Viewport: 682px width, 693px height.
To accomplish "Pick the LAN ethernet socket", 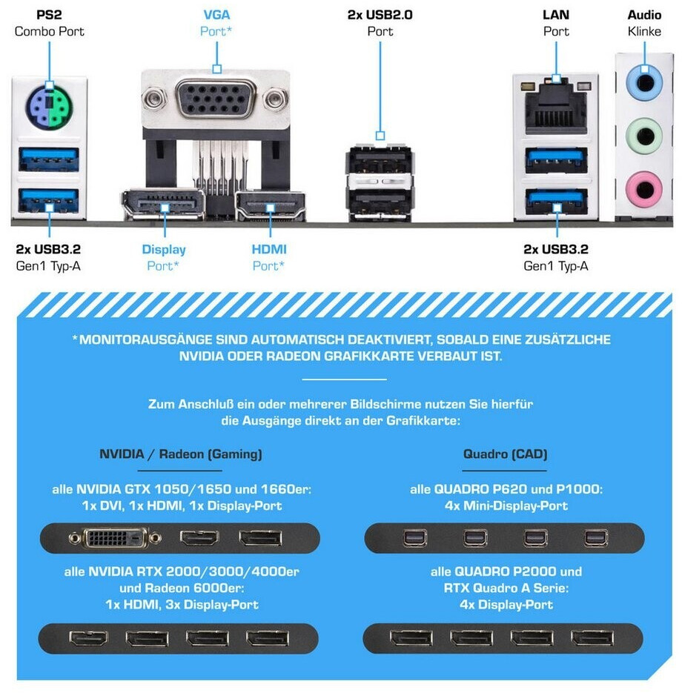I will (x=556, y=107).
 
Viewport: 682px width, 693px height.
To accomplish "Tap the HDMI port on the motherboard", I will (x=271, y=206).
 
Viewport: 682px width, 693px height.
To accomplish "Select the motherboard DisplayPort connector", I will (x=162, y=205).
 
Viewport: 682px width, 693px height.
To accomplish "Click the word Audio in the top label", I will (x=644, y=15).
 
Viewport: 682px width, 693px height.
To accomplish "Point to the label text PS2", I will (x=49, y=15).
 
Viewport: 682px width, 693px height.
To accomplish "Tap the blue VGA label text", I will (x=216, y=15).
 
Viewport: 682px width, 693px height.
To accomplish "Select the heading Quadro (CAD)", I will (x=505, y=454).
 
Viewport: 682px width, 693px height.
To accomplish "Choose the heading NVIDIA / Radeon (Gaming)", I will (x=180, y=454).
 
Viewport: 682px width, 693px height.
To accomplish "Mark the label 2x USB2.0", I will (x=380, y=15).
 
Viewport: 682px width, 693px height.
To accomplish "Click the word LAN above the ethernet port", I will (x=555, y=15).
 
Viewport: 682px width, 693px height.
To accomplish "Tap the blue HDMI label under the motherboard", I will (x=268, y=250).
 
